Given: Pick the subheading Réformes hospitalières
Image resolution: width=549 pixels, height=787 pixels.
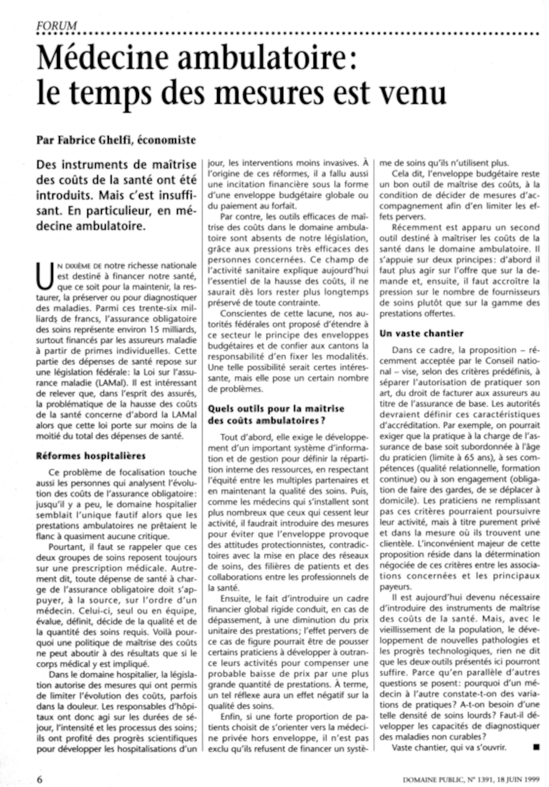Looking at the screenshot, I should click(91, 456).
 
